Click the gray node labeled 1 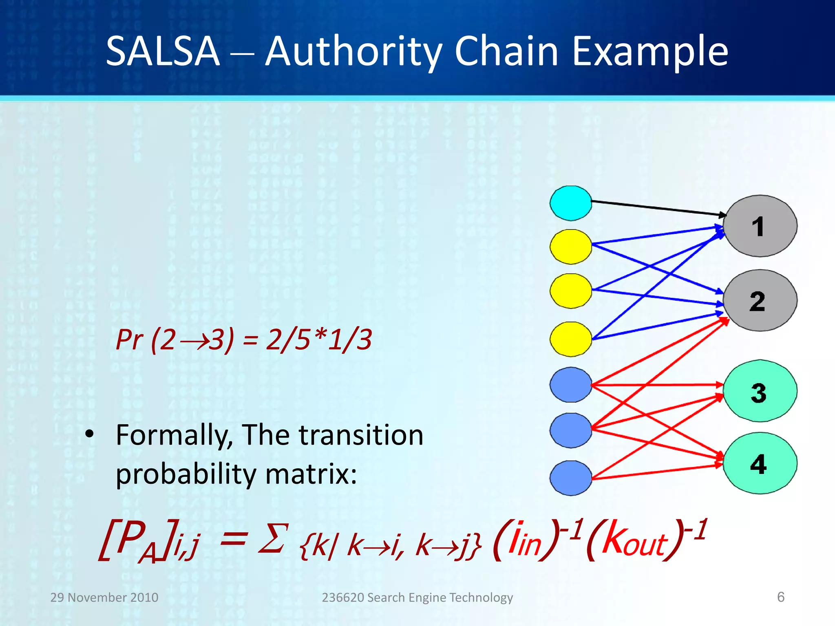click(x=760, y=226)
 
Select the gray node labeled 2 click(x=760, y=300)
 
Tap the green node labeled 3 click(x=760, y=391)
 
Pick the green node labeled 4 click(x=760, y=463)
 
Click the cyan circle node click(x=571, y=203)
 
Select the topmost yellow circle click(x=571, y=247)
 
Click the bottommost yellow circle click(x=571, y=339)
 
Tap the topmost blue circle click(x=571, y=385)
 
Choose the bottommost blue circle click(x=571, y=478)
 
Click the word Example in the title click(x=650, y=52)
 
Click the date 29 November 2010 click(x=104, y=597)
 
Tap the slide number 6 click(x=780, y=597)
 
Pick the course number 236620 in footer click(x=342, y=597)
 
